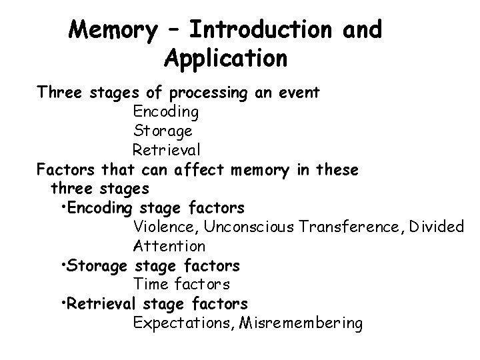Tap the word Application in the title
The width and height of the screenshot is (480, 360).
pos(225,59)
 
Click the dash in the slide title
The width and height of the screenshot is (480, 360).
pos(173,31)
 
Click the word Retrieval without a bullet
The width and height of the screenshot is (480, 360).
pos(166,149)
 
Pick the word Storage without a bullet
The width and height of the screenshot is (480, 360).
pos(163,130)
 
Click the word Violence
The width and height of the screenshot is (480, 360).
pos(163,227)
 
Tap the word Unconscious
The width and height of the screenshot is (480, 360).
pos(250,227)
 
